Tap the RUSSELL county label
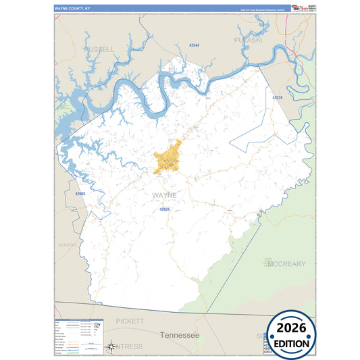99,49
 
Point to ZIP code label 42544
194,45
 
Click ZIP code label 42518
278,98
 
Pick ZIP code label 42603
80,194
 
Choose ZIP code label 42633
164,209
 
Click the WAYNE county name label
164,195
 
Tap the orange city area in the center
168,159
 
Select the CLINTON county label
68,245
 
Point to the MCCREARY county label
286,263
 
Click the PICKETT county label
130,321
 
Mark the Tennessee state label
180,335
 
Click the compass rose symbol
111,347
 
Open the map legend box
78,336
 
